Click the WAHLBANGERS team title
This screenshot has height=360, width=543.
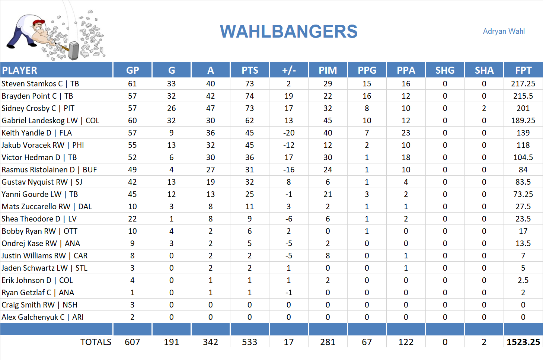288,32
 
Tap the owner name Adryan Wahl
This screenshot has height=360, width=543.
504,31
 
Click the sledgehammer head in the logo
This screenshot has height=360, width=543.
74,50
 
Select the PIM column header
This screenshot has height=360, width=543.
328,70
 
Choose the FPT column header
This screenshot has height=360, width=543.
523,70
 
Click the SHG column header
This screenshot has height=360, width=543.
445,70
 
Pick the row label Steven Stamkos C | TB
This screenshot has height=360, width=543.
40,84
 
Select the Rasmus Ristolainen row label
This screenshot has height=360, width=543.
49,170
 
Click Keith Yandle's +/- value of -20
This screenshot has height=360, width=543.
288,133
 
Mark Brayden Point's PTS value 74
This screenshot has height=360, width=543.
249,96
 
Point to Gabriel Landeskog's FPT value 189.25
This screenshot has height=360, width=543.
523,121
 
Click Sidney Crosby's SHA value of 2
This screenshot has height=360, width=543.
484,108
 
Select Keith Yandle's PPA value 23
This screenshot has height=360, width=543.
406,133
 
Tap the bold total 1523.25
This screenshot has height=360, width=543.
523,342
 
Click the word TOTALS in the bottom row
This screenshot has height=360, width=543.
96,342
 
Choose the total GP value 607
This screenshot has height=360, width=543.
132,342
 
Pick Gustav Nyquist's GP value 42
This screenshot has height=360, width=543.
132,182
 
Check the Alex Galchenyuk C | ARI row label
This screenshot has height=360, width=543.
42,317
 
